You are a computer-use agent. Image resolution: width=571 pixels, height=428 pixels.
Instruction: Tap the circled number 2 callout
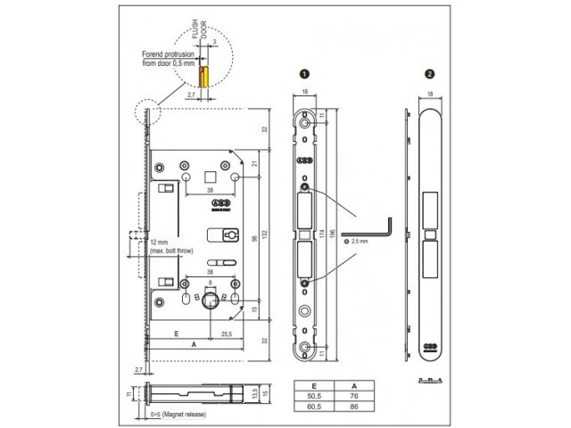[431, 75]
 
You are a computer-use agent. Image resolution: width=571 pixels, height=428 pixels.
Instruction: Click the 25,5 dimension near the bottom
[226, 334]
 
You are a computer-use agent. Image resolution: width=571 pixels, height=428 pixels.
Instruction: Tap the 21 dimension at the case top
[255, 164]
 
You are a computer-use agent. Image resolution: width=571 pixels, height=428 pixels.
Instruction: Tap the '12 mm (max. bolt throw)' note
[170, 247]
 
